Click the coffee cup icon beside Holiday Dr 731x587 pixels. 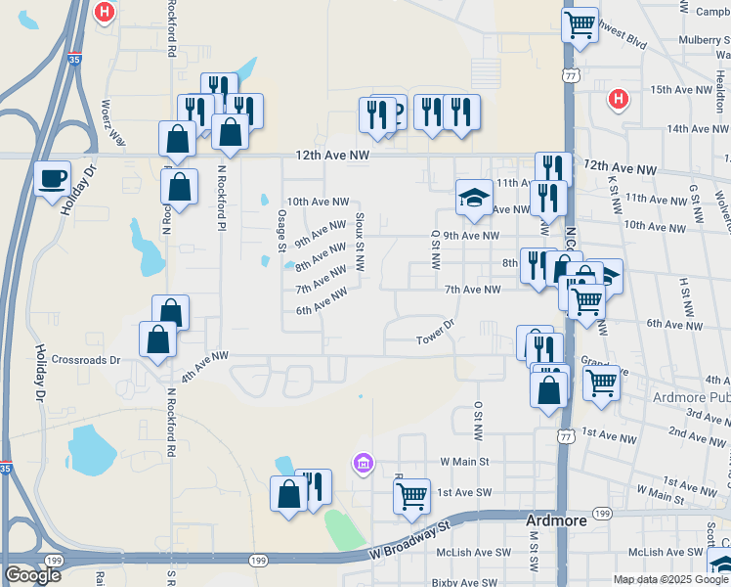(53, 178)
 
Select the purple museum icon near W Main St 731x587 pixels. (364, 462)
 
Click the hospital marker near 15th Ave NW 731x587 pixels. (617, 98)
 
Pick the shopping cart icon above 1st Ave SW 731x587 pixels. (412, 496)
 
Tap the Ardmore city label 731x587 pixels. (556, 520)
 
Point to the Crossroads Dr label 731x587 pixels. (86, 360)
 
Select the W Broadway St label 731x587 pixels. (408, 536)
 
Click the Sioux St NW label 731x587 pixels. (360, 242)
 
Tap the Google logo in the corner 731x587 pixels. (32, 575)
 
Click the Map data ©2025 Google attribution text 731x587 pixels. (670, 579)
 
